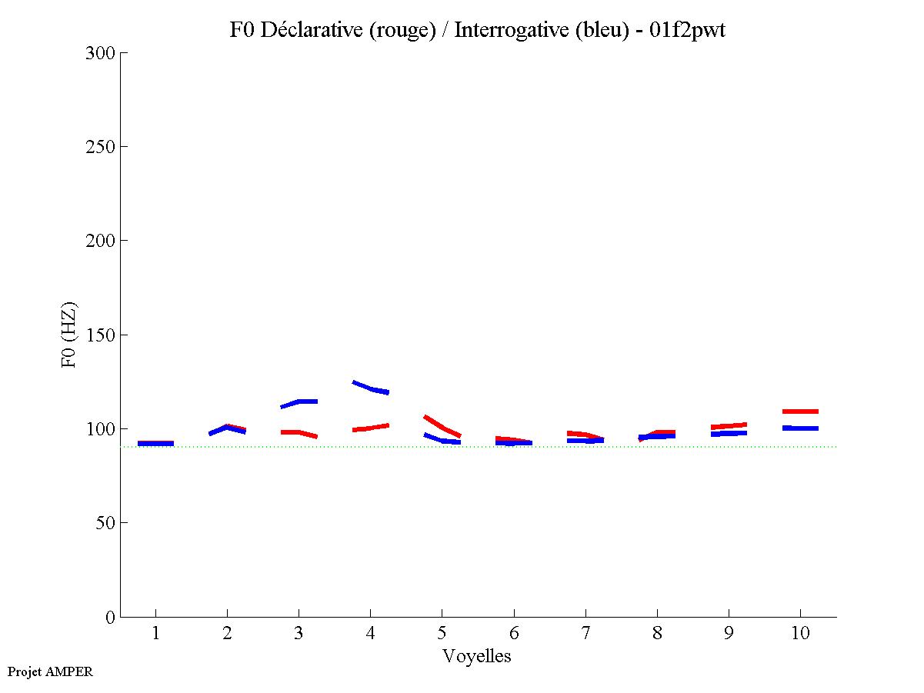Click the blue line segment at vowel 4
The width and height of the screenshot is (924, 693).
tap(371, 388)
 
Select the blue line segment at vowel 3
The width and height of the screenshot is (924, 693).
tap(299, 402)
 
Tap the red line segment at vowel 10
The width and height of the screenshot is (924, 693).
tap(800, 411)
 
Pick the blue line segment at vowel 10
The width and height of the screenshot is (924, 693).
tap(800, 428)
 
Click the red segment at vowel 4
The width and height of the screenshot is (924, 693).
tap(371, 428)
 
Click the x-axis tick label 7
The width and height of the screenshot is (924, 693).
tap(585, 634)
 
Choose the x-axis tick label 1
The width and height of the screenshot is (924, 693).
tap(156, 634)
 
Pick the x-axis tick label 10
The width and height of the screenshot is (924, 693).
tap(800, 634)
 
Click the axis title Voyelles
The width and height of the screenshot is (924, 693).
tap(477, 656)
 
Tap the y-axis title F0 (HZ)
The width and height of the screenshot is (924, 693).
tap(69, 335)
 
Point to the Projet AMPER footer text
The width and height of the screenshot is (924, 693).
tap(50, 671)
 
